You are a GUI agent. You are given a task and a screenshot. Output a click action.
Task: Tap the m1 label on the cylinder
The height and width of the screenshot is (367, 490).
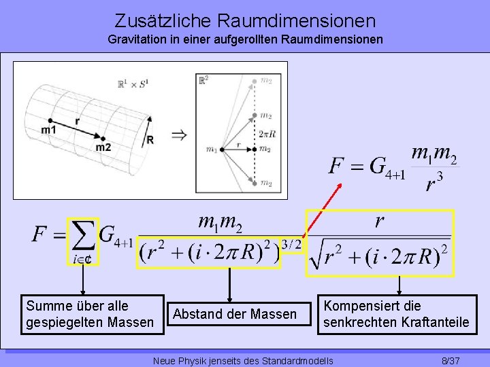(x=48, y=129)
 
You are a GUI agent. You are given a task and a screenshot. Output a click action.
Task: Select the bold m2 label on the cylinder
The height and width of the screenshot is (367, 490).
(x=103, y=147)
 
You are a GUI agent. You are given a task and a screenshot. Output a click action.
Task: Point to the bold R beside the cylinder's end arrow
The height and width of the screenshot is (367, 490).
(x=150, y=139)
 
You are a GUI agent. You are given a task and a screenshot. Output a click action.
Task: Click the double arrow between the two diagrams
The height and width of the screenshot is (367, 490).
(x=178, y=135)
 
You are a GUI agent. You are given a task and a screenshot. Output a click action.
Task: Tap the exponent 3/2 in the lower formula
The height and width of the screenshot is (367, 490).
(x=291, y=244)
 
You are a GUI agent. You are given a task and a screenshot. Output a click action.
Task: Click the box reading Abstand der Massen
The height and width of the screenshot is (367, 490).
(x=235, y=314)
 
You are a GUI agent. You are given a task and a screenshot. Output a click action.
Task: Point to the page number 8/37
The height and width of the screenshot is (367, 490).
(x=451, y=360)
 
